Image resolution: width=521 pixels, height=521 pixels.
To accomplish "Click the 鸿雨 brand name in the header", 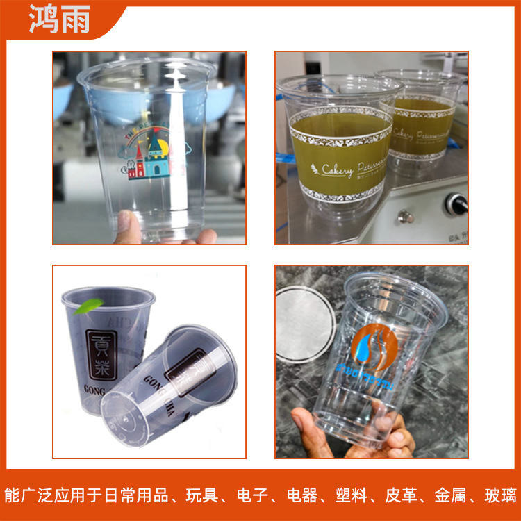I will click(x=60, y=20).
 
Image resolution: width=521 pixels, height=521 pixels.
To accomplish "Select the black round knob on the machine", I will click(x=456, y=204).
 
